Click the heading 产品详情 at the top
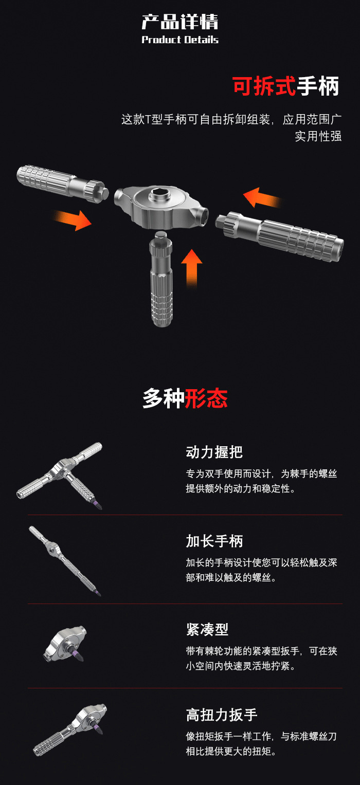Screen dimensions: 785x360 pyautogui.click(x=180, y=22)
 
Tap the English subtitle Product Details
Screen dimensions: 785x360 pyautogui.click(x=180, y=40)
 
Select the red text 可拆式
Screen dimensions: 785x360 pyautogui.click(x=264, y=86)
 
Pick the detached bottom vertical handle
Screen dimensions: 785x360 pyautogui.click(x=161, y=280)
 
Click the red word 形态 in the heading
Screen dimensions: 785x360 pyautogui.click(x=206, y=398)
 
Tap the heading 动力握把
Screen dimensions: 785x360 pyautogui.click(x=214, y=452)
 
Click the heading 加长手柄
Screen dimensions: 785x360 pyautogui.click(x=214, y=541)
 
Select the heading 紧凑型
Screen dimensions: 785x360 pyautogui.click(x=207, y=629)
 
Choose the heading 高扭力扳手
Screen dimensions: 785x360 pyautogui.click(x=221, y=715)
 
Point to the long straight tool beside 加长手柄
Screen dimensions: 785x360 pyautogui.click(x=64, y=560)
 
